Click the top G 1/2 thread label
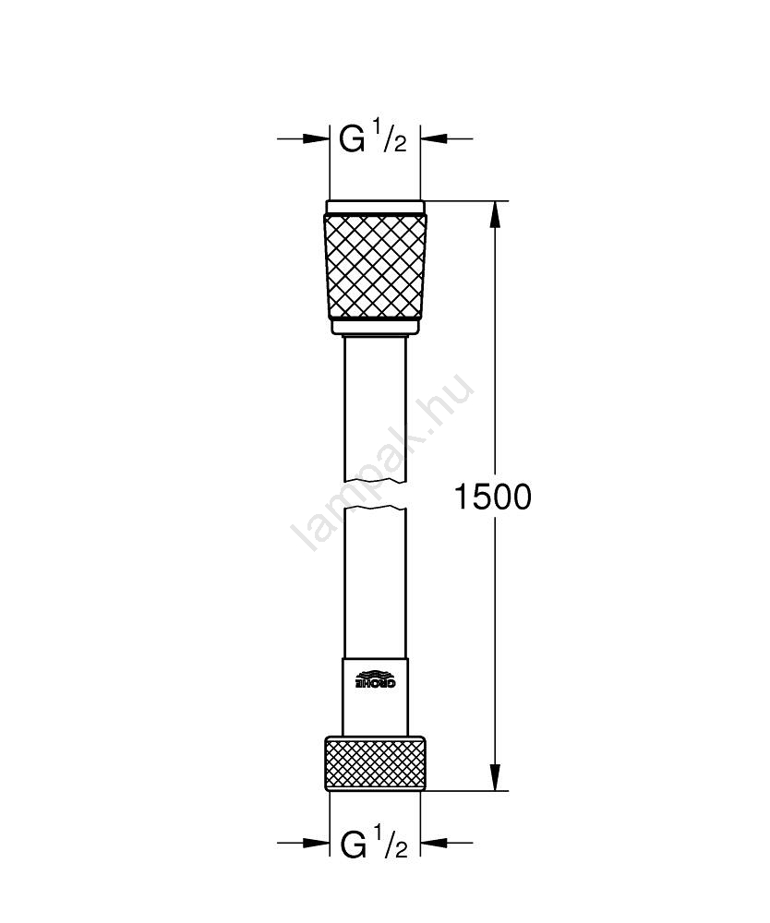(373, 139)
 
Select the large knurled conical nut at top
(375, 268)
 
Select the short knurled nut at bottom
(375, 761)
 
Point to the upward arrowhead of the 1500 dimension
(496, 216)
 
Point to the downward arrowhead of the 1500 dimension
(496, 776)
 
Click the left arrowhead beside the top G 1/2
(315, 139)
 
